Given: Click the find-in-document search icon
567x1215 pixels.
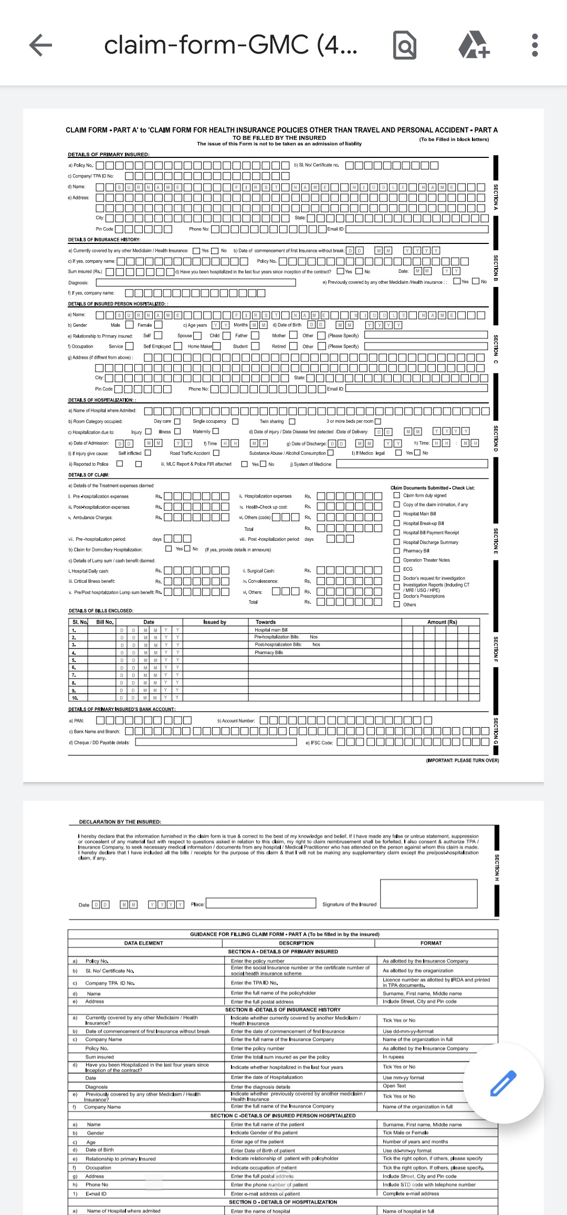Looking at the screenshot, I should (x=405, y=46).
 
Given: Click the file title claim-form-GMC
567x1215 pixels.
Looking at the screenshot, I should (x=231, y=45).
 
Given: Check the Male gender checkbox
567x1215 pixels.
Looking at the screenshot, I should (x=129, y=325).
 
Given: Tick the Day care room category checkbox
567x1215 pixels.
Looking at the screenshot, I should (x=177, y=421).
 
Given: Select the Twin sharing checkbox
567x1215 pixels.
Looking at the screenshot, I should (x=292, y=421).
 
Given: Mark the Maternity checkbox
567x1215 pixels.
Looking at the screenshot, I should (x=216, y=432).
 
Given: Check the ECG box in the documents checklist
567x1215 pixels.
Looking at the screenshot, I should (x=397, y=569).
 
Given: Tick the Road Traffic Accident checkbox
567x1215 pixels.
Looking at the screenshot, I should (x=216, y=453).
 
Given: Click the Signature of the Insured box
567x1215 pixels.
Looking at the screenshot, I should (x=428, y=893).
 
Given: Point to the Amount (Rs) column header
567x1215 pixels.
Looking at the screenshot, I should (x=442, y=622).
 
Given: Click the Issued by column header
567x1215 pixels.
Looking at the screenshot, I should (x=215, y=622).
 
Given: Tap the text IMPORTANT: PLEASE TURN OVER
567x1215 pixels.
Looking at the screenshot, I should (x=463, y=760).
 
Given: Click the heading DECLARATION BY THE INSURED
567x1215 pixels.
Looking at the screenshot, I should (x=120, y=822).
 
